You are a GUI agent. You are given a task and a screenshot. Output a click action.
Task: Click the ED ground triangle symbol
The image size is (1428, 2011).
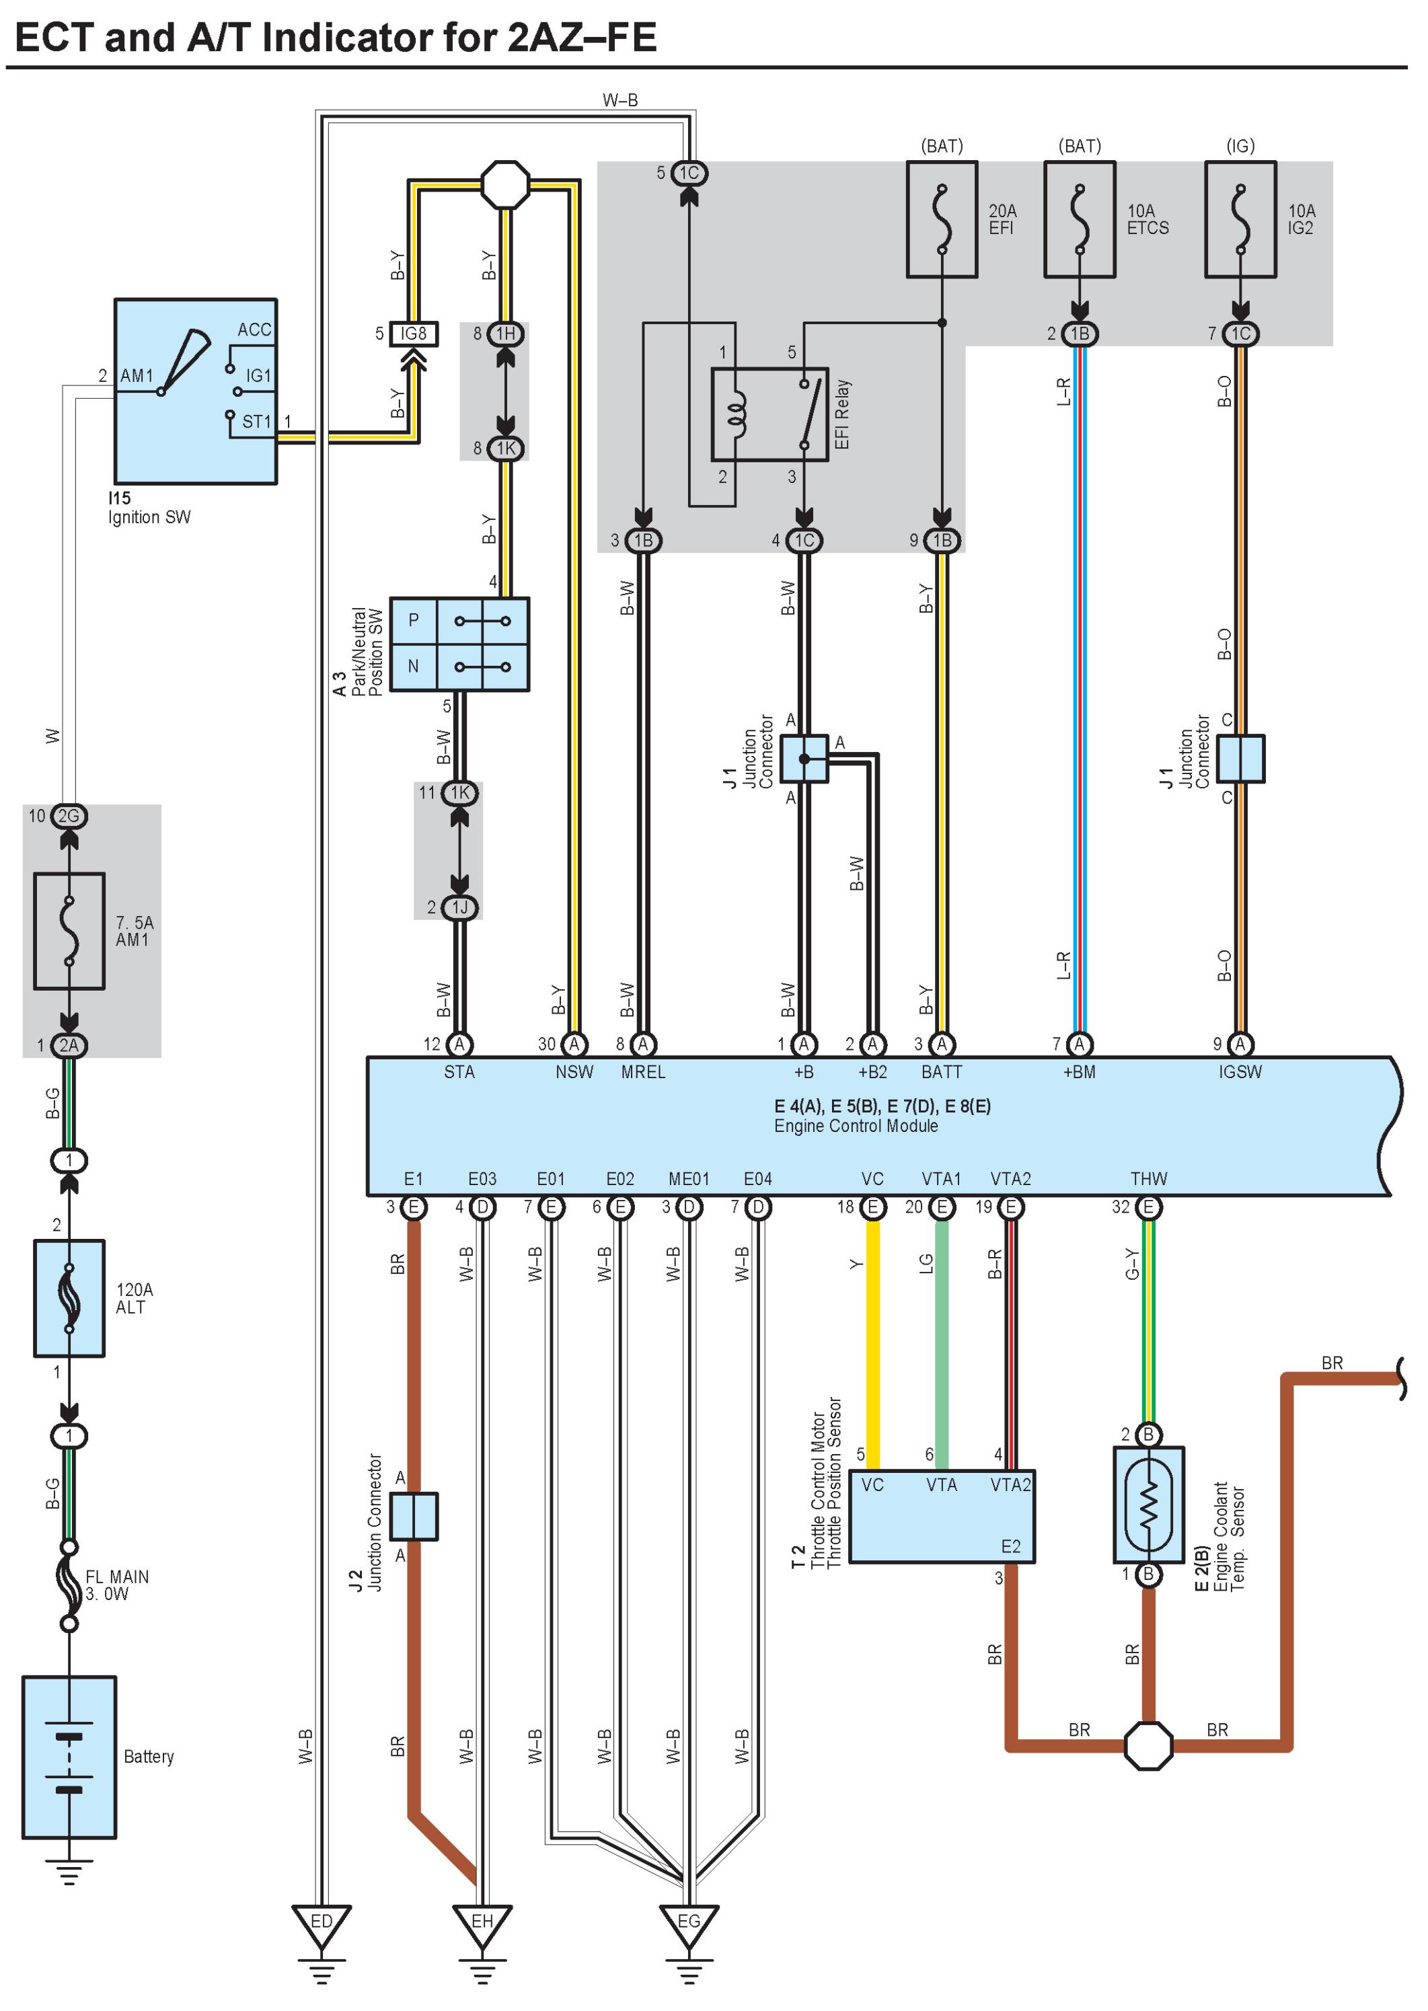(x=322, y=1926)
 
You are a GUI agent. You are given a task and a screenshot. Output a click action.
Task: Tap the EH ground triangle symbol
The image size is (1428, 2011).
(x=482, y=1926)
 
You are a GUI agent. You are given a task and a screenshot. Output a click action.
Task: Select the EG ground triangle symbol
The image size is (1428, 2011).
(x=689, y=1926)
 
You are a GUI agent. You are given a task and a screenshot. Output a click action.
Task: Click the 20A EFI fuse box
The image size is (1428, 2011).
(x=942, y=219)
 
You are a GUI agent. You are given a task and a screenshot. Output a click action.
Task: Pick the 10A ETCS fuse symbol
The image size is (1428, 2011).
(x=1080, y=219)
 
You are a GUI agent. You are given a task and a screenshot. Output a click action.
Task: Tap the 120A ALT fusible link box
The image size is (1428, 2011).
(x=69, y=1298)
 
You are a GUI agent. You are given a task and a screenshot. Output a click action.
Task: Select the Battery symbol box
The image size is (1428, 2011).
(x=69, y=1757)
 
